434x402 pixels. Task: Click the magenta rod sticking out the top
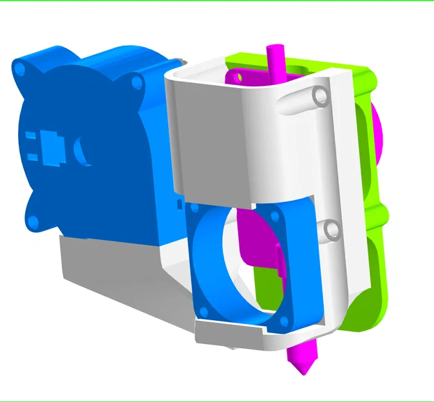pyautogui.click(x=275, y=61)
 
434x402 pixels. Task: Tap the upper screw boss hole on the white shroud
pyautogui.click(x=320, y=96)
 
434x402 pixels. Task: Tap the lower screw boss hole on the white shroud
pyautogui.click(x=331, y=229)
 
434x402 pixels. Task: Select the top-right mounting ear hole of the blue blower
pyautogui.click(x=137, y=83)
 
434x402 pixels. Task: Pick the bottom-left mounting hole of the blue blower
pyautogui.click(x=33, y=222)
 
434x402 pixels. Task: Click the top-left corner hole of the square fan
pyautogui.click(x=194, y=208)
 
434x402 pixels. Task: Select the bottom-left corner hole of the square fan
pyautogui.click(x=204, y=311)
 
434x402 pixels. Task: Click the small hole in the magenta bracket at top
pyautogui.click(x=241, y=78)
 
